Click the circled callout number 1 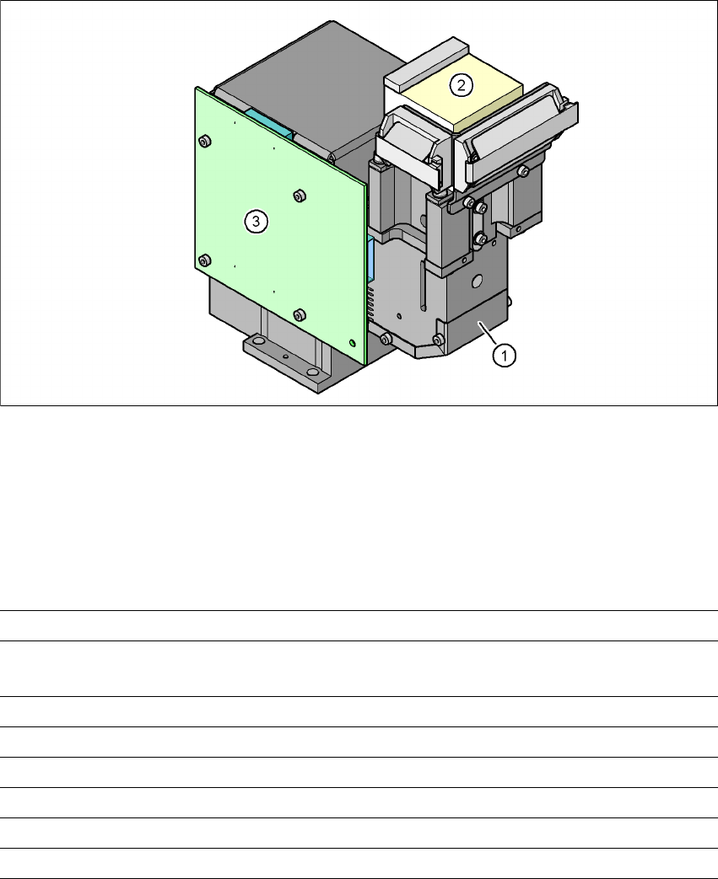(x=504, y=356)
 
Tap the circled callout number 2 (x=461, y=85)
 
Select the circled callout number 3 (x=256, y=222)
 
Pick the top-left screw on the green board (x=206, y=141)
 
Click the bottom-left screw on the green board (x=206, y=260)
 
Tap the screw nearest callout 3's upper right (x=300, y=196)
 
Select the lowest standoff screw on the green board (x=300, y=315)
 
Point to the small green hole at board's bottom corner (x=352, y=342)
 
